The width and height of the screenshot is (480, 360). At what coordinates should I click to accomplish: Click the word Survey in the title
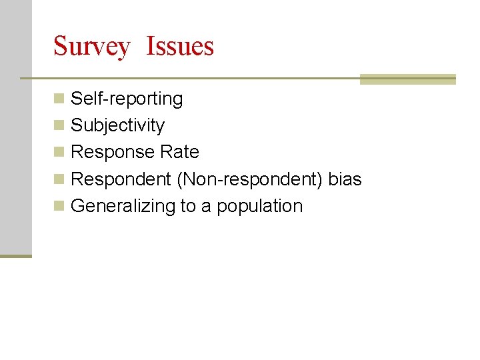tap(91, 47)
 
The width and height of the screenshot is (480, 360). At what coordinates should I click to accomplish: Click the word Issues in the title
tap(180, 46)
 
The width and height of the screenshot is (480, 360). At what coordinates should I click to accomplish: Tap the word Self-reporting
tap(127, 99)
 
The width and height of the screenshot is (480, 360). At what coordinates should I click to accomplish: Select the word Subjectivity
tap(117, 126)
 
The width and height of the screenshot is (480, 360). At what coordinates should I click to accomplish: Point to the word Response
tap(113, 153)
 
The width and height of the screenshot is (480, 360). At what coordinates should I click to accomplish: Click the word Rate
tap(180, 152)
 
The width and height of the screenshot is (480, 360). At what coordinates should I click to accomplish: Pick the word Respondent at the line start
tap(121, 179)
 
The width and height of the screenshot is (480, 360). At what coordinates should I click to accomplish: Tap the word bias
tap(345, 179)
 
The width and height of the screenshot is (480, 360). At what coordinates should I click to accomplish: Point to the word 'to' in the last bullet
tap(187, 206)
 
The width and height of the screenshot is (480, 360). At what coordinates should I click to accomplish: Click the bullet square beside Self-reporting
tap(59, 99)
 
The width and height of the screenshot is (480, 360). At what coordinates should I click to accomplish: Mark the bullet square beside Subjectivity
tap(59, 126)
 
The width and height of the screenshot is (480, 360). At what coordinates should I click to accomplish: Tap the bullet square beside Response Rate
tap(59, 153)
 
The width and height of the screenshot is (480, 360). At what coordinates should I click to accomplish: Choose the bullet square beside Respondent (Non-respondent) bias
tap(59, 179)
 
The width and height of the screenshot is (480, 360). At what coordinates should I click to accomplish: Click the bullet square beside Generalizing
tap(59, 206)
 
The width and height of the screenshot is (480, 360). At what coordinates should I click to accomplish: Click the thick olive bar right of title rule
tap(407, 79)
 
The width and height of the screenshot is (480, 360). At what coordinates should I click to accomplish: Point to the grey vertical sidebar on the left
tap(15, 127)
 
